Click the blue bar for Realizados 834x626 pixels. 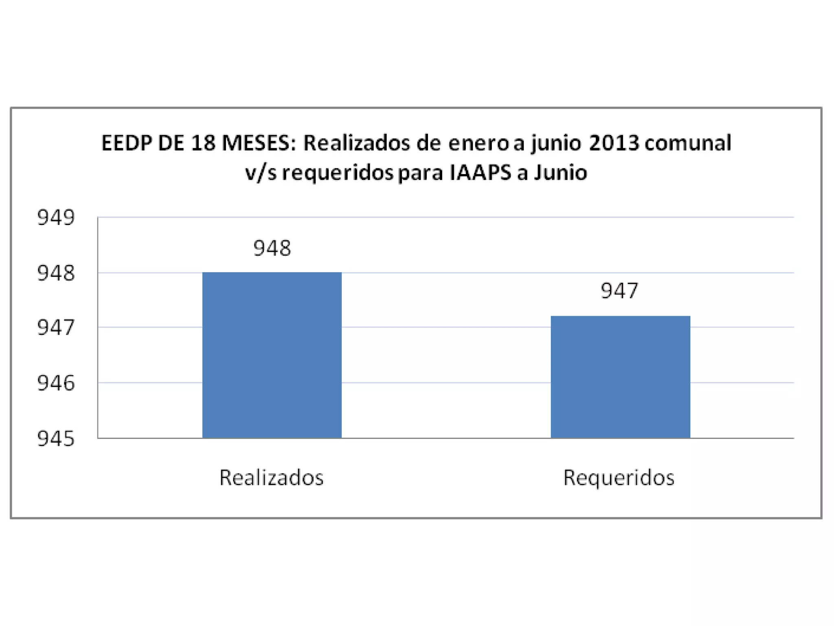pyautogui.click(x=272, y=355)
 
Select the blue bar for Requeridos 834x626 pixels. pyautogui.click(x=620, y=377)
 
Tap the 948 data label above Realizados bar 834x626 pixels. pyautogui.click(x=272, y=248)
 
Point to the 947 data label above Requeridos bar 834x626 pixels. pyautogui.click(x=619, y=291)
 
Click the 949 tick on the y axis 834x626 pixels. pyautogui.click(x=56, y=218)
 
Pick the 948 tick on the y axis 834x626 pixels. pyautogui.click(x=56, y=273)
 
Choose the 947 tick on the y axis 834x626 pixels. pyautogui.click(x=56, y=327)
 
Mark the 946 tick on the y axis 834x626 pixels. pyautogui.click(x=56, y=383)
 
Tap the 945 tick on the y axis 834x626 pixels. pyautogui.click(x=56, y=439)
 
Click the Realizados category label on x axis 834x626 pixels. pyautogui.click(x=271, y=477)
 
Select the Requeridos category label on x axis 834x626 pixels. pyautogui.click(x=619, y=477)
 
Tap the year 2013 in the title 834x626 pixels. pyautogui.click(x=614, y=144)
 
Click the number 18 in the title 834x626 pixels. pyautogui.click(x=204, y=144)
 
